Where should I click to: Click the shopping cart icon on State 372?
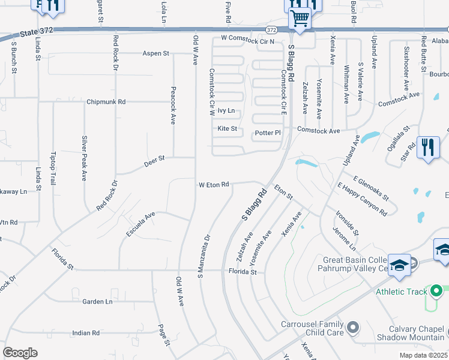[x=300, y=18]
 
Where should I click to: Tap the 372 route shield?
[x=271, y=29]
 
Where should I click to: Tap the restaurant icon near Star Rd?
[x=427, y=147]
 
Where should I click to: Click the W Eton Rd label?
[x=214, y=185]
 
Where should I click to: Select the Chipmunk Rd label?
[x=106, y=102]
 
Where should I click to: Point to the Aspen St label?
[x=155, y=53]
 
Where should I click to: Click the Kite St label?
[x=228, y=128]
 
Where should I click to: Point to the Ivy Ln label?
[x=226, y=111]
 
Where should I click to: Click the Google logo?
[x=20, y=353]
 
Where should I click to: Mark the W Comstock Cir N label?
[x=247, y=40]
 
